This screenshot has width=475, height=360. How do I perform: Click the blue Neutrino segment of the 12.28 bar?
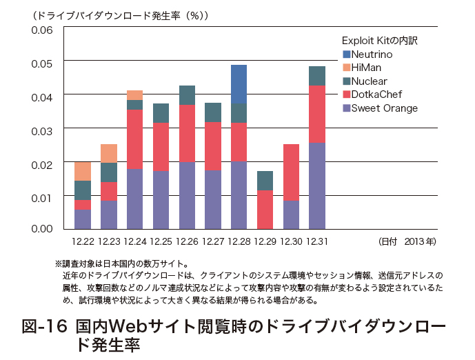(x=239, y=83)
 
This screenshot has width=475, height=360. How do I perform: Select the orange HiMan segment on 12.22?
(x=83, y=171)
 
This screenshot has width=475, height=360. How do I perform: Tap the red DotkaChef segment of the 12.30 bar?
(x=291, y=172)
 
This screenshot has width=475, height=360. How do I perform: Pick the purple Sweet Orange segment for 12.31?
(x=316, y=186)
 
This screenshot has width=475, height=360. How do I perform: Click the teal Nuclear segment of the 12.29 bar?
(x=265, y=181)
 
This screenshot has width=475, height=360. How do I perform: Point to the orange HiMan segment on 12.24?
(x=135, y=95)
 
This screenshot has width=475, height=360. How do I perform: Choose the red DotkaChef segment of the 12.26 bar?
(x=187, y=134)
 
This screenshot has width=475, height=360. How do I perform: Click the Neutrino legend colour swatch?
(x=346, y=54)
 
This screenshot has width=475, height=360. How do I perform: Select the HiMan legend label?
(x=366, y=68)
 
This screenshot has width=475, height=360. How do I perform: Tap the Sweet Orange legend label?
(x=384, y=108)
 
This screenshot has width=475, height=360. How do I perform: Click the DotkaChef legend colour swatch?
(x=346, y=94)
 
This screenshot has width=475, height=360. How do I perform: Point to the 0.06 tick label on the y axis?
(x=41, y=30)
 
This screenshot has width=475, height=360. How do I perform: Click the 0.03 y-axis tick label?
(x=41, y=129)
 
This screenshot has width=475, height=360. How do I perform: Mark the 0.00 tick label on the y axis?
(x=41, y=228)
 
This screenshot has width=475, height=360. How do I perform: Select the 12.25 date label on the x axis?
(x=161, y=241)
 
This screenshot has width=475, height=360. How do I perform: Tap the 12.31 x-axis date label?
(x=316, y=241)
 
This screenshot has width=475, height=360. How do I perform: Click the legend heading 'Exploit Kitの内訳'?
(x=379, y=41)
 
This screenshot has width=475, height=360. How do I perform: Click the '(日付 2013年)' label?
(x=407, y=241)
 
